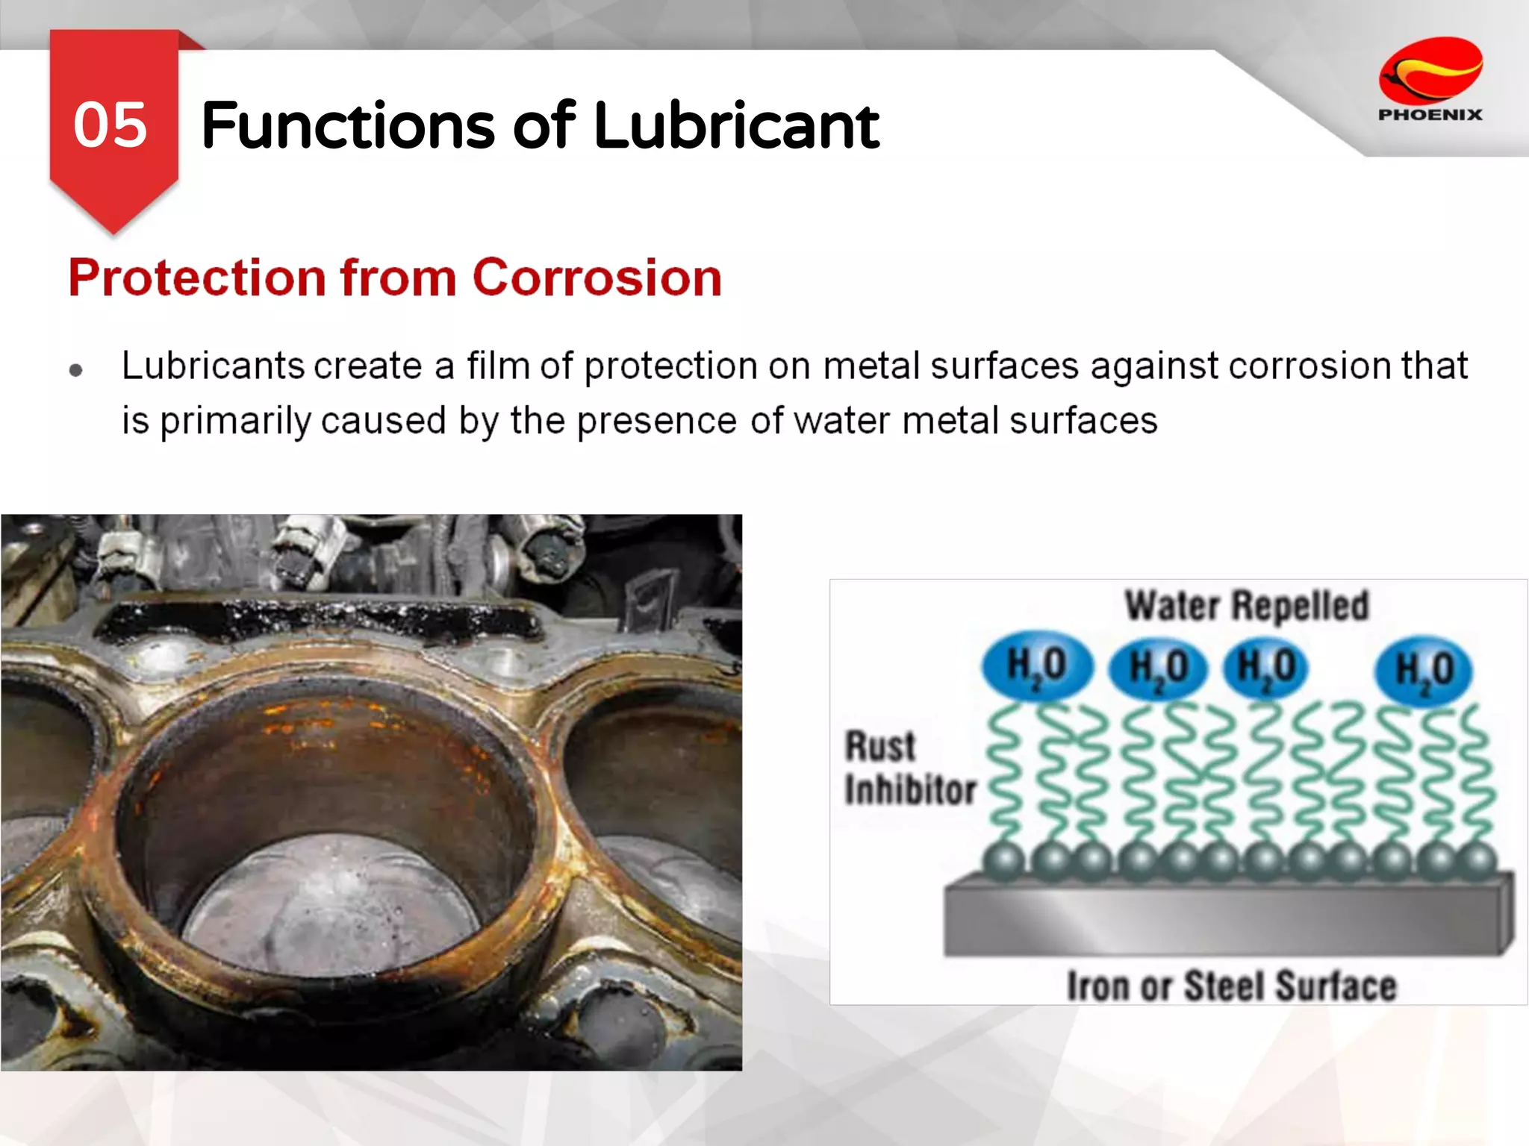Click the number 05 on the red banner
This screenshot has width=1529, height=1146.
click(x=110, y=125)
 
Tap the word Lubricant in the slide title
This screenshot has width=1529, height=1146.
click(x=736, y=125)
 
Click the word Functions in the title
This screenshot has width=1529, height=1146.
click(x=348, y=125)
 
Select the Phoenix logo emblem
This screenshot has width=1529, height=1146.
click(x=1430, y=71)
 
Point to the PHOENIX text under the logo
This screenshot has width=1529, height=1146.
click(x=1430, y=115)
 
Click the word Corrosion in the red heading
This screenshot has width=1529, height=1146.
click(x=597, y=278)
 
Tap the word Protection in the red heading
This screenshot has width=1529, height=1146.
click(x=197, y=278)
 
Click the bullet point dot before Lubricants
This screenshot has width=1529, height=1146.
click(x=75, y=370)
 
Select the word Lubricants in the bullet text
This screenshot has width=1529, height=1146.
click(x=213, y=366)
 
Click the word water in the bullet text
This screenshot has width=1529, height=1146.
click(x=842, y=421)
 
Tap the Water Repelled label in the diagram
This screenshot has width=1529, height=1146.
click(x=1247, y=605)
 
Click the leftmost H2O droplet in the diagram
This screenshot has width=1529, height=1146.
click(x=1037, y=666)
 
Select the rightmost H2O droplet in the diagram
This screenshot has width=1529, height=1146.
click(x=1424, y=669)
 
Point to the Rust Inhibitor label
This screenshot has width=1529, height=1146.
click(x=909, y=768)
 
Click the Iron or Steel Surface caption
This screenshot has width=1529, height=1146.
click(x=1231, y=986)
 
